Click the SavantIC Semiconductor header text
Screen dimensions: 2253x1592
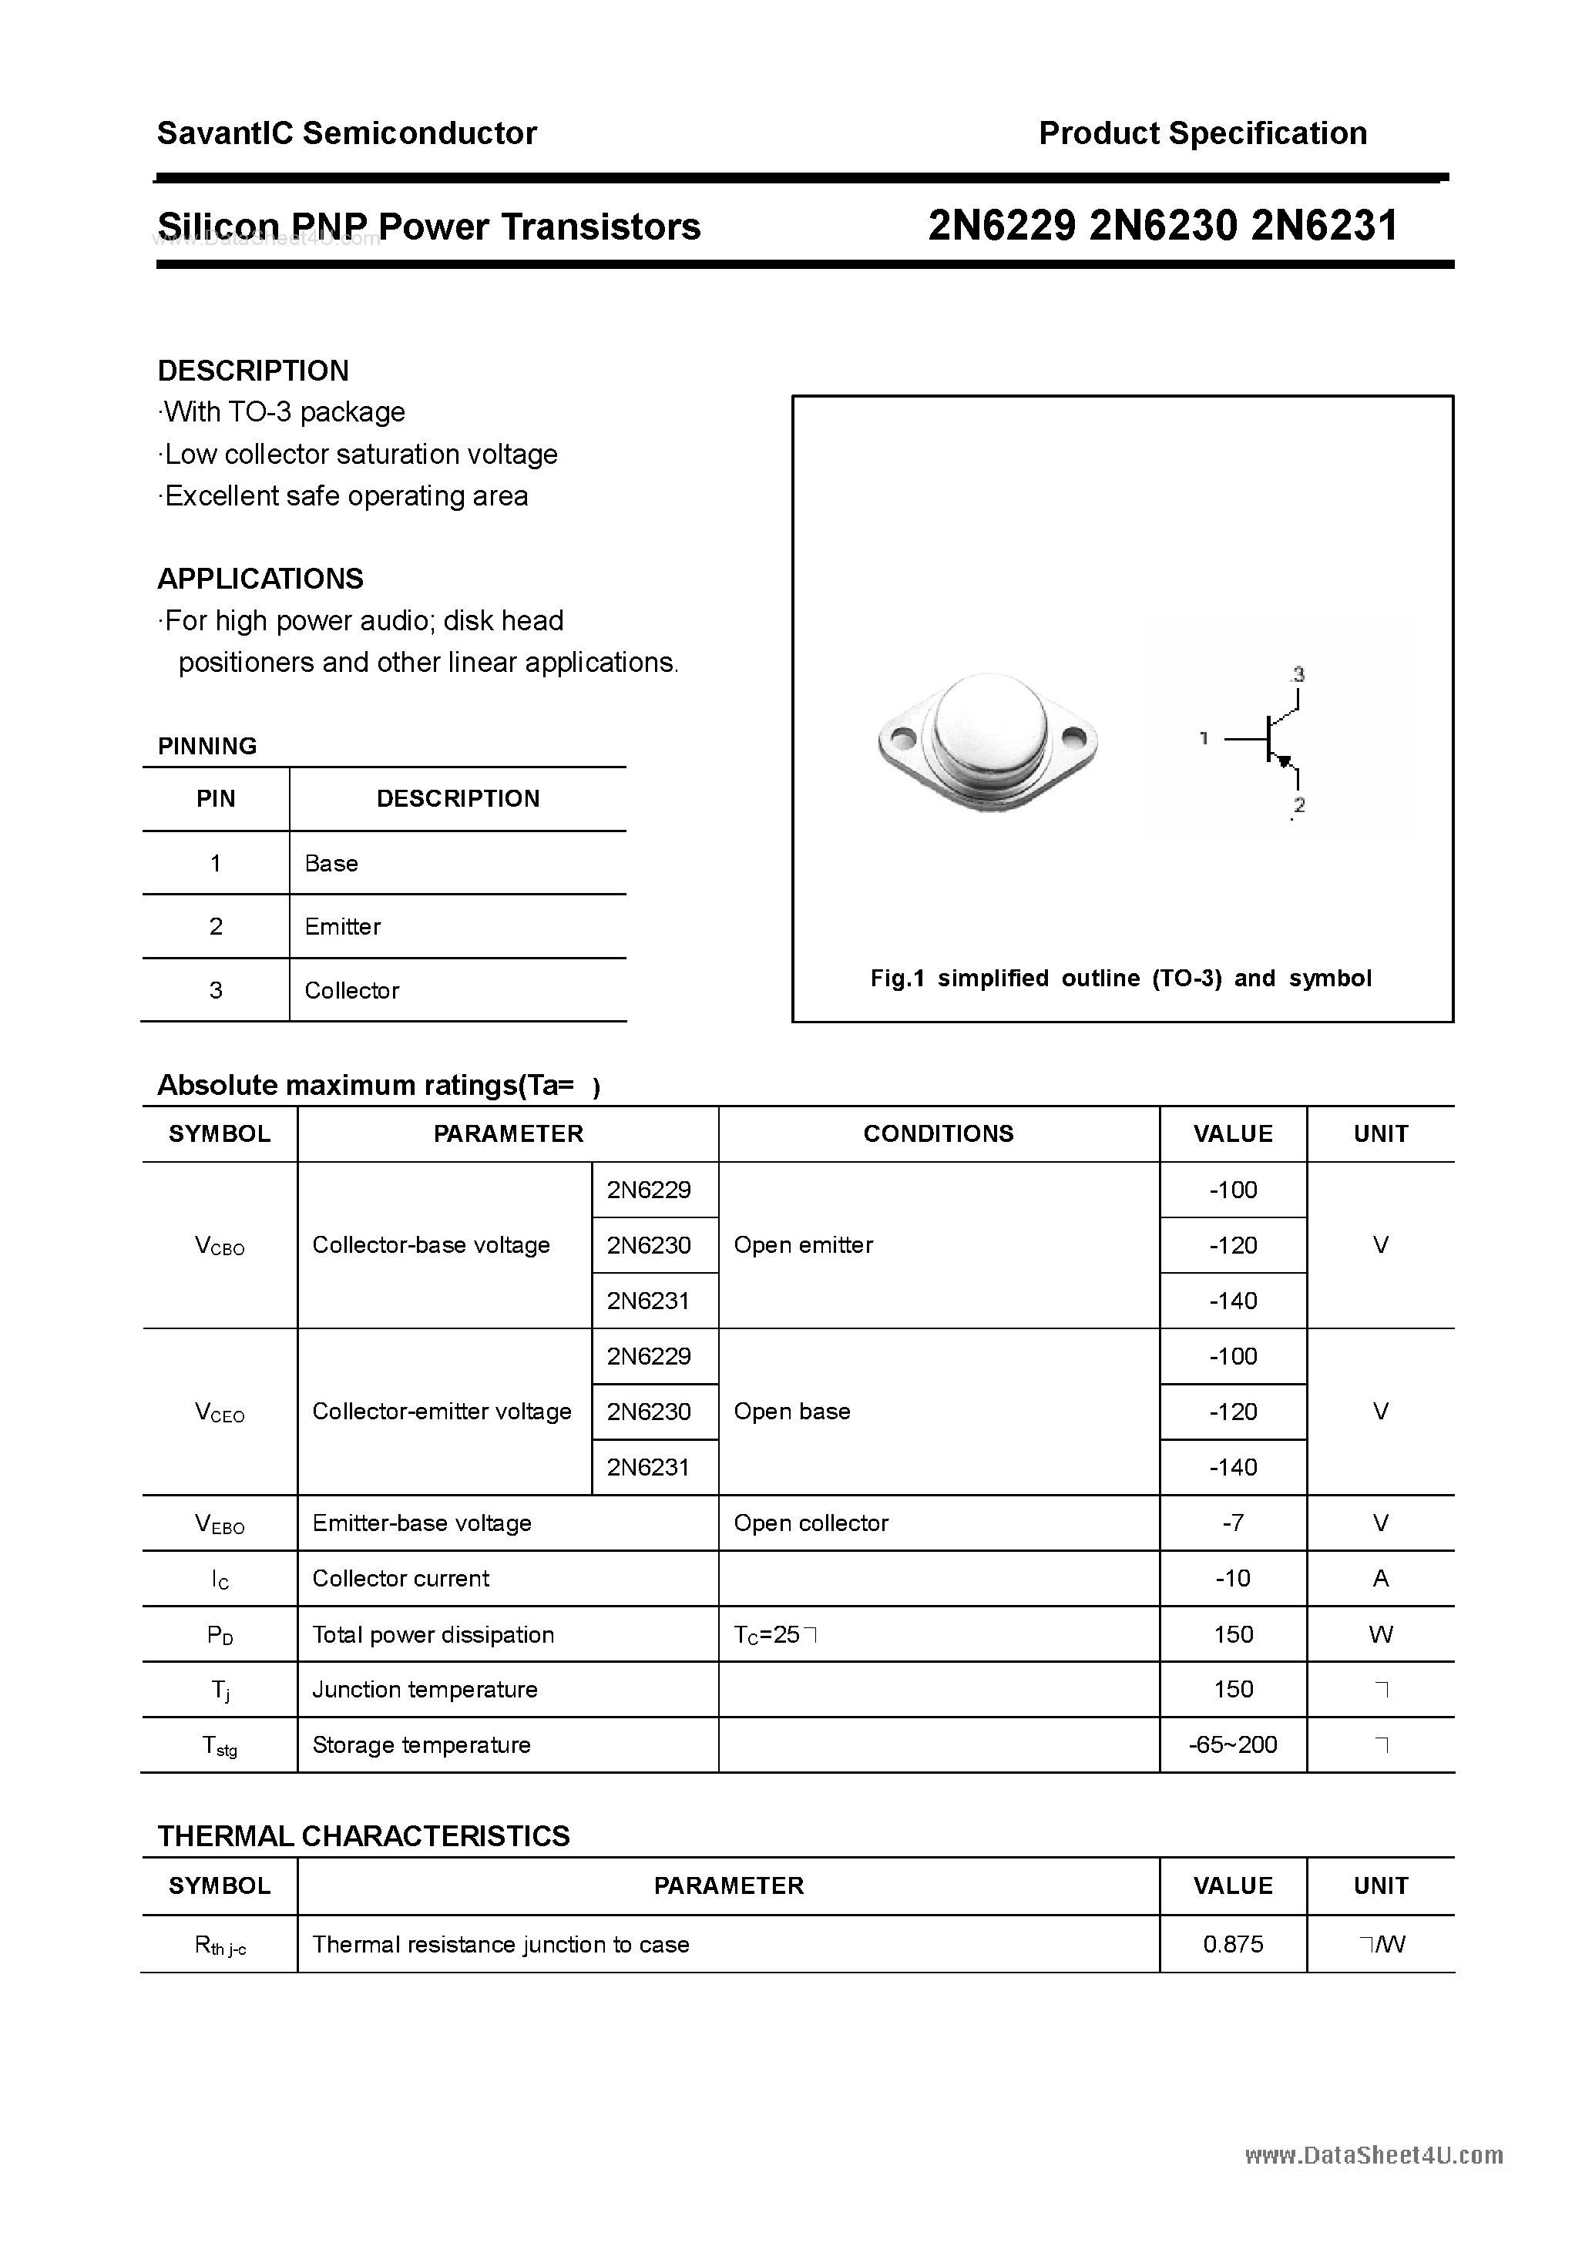tap(347, 133)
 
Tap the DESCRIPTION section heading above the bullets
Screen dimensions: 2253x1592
tap(254, 371)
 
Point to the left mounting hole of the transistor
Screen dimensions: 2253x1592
tap(901, 737)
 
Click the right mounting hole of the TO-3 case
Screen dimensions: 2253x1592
tap(1073, 735)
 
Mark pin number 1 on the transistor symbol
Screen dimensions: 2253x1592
tap(1204, 738)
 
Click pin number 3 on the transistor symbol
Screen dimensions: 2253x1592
tap(1298, 675)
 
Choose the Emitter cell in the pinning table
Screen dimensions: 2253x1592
tap(343, 926)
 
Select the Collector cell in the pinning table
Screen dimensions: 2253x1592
tap(351, 990)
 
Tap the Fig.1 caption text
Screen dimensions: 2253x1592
tap(1121, 979)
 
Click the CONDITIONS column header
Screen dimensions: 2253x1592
tap(939, 1134)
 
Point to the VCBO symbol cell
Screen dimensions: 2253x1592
tap(220, 1246)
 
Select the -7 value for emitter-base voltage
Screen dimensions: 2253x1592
tap(1233, 1523)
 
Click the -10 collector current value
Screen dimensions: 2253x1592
tap(1233, 1579)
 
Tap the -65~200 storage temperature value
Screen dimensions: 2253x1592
tap(1233, 1744)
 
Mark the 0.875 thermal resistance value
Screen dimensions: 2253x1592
tap(1233, 1945)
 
